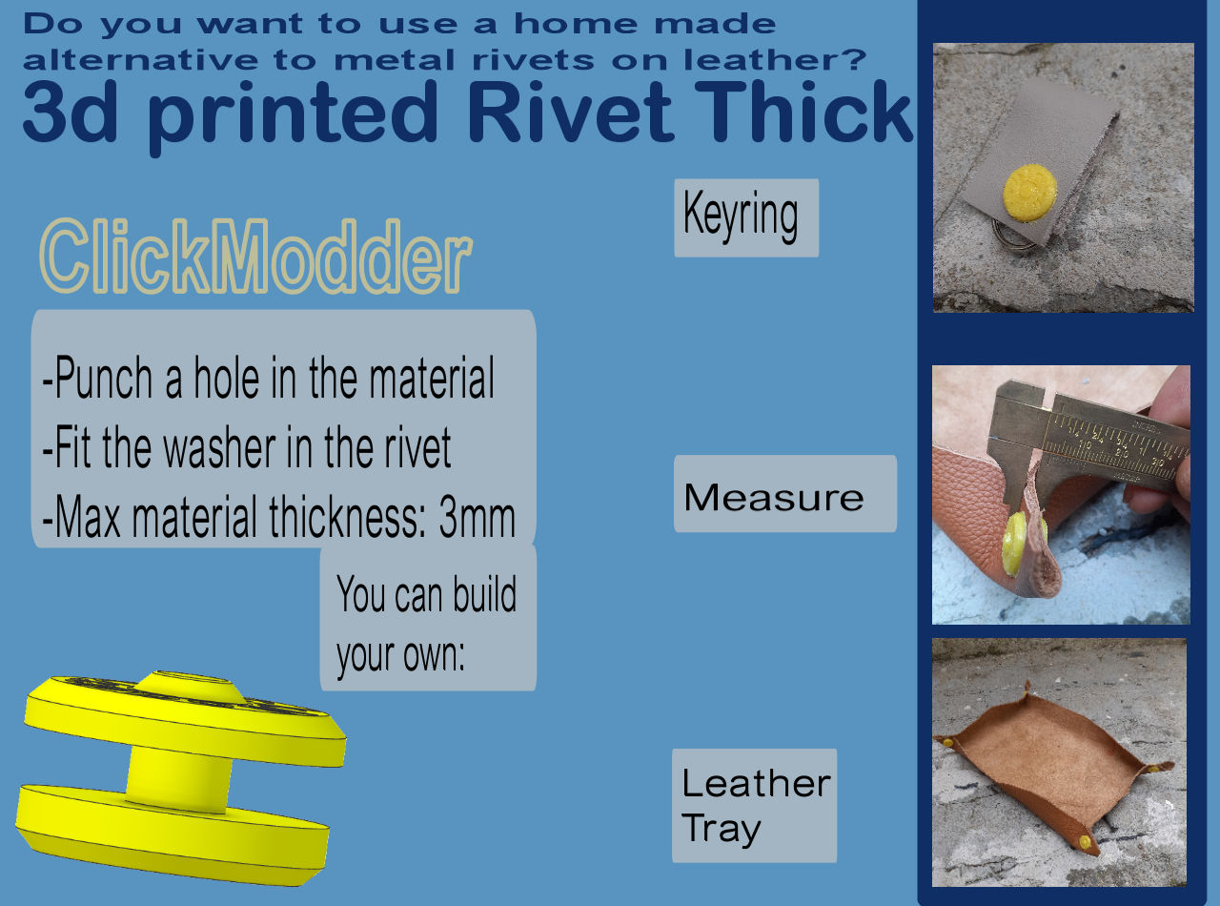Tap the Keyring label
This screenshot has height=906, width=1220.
tap(745, 217)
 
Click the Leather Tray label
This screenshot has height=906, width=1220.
tap(754, 806)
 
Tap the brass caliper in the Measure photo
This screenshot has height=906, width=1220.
tap(1096, 429)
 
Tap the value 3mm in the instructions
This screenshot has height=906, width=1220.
tap(477, 518)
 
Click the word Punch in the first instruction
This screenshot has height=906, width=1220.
tap(105, 380)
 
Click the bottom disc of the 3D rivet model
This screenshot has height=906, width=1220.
tap(172, 830)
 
